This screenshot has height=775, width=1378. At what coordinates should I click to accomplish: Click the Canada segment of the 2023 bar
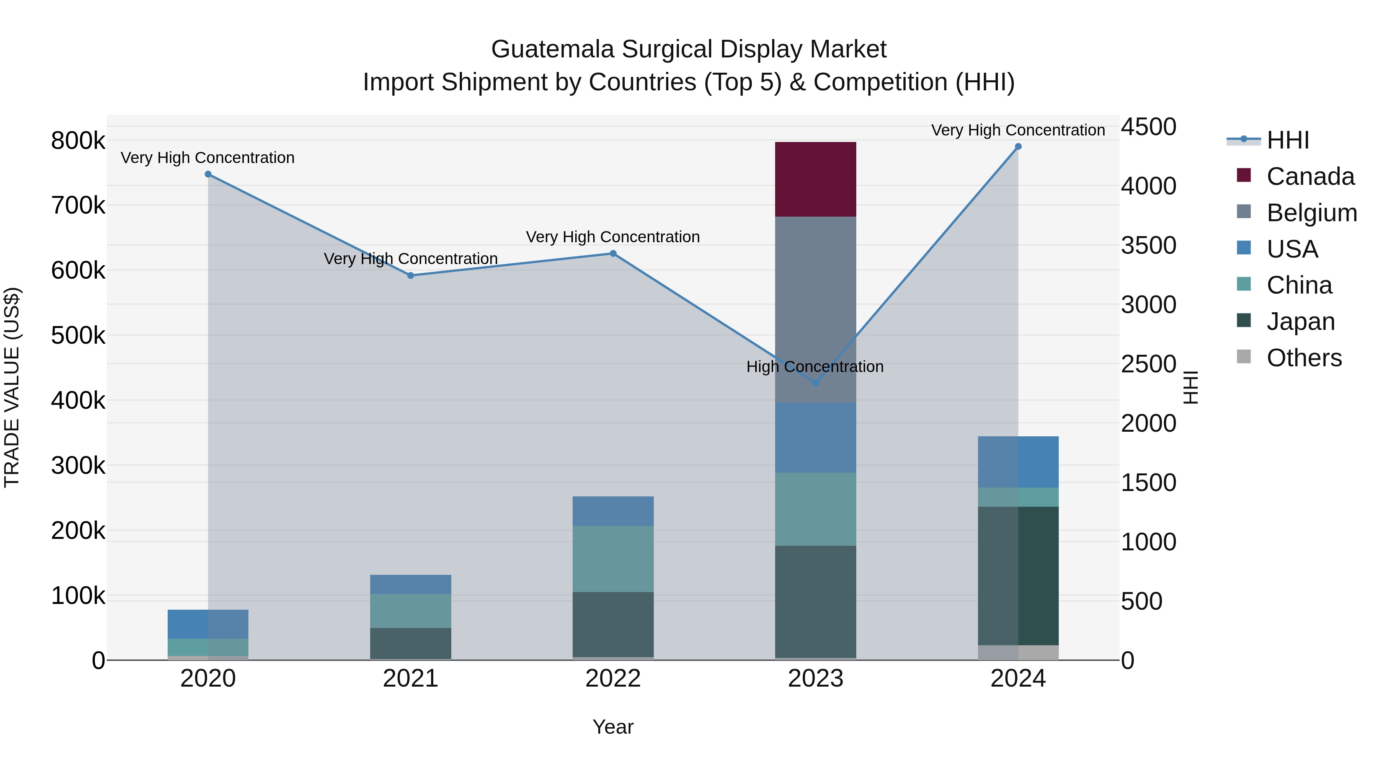[x=815, y=179]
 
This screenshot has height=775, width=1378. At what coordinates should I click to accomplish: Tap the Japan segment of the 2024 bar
[x=1018, y=576]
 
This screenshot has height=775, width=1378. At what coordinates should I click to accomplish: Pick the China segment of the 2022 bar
[x=613, y=558]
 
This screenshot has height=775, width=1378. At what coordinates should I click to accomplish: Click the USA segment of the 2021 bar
[x=410, y=584]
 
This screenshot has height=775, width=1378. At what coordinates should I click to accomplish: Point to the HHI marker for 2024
[x=1018, y=147]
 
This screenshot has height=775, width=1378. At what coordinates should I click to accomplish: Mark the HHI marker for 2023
[x=816, y=383]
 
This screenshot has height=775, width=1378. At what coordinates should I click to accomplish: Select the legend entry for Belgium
[x=1311, y=212]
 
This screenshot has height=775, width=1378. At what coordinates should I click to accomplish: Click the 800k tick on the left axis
[x=78, y=141]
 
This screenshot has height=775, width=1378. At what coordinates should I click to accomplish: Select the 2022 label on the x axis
[x=613, y=679]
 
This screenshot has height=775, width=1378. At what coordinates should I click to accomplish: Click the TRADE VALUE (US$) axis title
[x=12, y=387]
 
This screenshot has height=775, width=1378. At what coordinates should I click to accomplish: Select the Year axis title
[x=613, y=727]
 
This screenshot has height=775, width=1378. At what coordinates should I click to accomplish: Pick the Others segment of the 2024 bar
[x=1018, y=652]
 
